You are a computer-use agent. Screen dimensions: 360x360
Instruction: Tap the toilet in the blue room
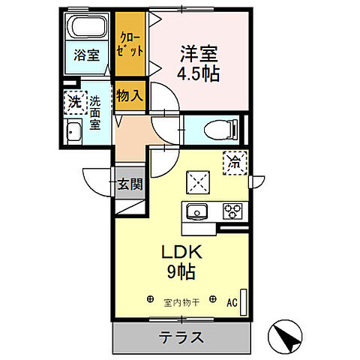click(225, 129)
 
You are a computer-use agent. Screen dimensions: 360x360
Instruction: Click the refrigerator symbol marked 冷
click(235, 161)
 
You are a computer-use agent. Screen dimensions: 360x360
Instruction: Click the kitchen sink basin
click(199, 211)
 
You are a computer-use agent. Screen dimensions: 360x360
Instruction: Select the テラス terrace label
click(181, 337)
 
